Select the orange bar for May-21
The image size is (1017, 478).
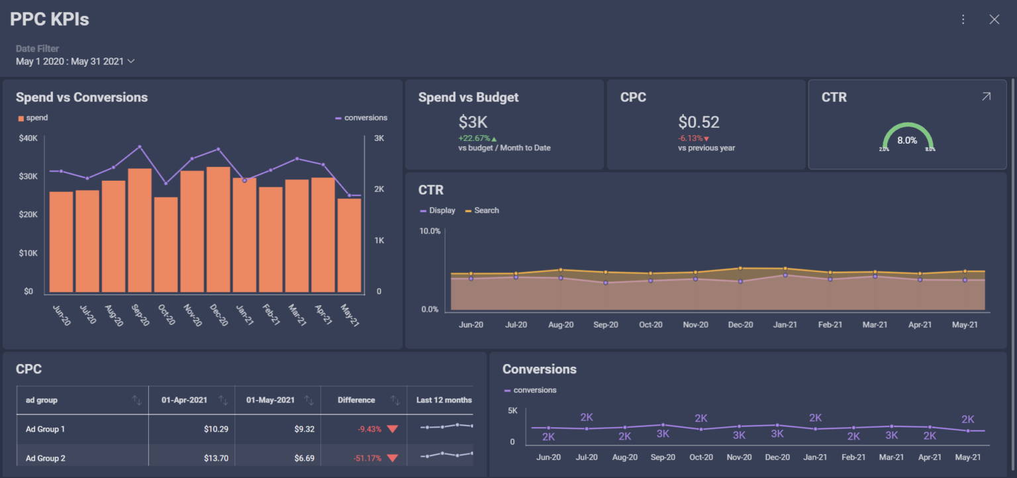pos(349,246)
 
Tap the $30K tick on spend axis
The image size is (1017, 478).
pos(28,176)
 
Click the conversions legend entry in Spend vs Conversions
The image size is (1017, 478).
pos(362,118)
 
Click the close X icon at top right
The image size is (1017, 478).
pos(994,19)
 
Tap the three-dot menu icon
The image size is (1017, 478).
pos(963,19)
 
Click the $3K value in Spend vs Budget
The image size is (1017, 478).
pos(473,122)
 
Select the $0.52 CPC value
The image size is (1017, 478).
pos(699,122)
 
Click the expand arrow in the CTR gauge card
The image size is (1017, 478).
pos(986,97)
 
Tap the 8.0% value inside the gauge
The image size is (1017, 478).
pos(907,140)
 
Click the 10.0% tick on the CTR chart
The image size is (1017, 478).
pos(430,231)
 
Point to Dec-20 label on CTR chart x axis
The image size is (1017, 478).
pos(740,325)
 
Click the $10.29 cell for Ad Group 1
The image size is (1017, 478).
pos(216,429)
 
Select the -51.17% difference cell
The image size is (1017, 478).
pos(369,458)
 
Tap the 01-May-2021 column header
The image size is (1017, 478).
pos(270,400)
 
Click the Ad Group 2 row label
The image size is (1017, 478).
pos(45,458)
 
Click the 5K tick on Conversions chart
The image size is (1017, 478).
pos(512,411)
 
